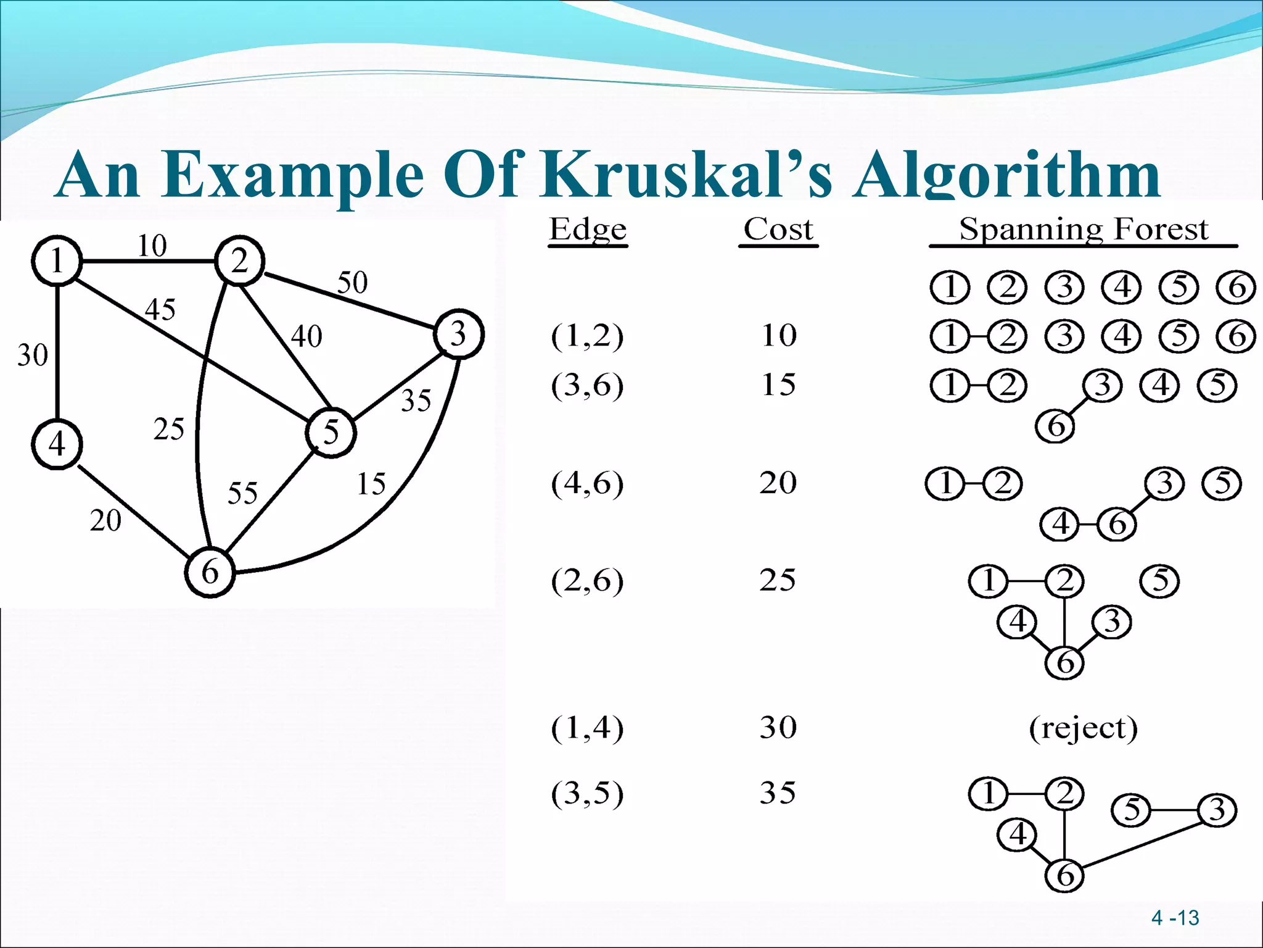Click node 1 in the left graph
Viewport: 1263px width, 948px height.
pyautogui.click(x=57, y=260)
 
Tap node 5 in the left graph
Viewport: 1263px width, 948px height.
pyautogui.click(x=331, y=432)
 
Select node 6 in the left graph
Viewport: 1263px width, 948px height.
pyautogui.click(x=210, y=572)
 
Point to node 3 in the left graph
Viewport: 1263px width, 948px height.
pyautogui.click(x=459, y=334)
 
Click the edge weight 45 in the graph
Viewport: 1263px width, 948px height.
pyautogui.click(x=160, y=309)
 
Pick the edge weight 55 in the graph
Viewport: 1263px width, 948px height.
pyautogui.click(x=242, y=493)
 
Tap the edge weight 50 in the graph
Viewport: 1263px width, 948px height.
pyautogui.click(x=352, y=283)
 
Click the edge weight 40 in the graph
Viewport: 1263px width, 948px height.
pyautogui.click(x=306, y=337)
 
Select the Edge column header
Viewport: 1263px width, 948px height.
pyautogui.click(x=588, y=230)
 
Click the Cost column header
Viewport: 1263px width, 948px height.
pyautogui.click(x=778, y=230)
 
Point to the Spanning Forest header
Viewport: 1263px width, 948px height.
pyautogui.click(x=1084, y=230)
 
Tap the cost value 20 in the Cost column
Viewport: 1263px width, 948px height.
pyautogui.click(x=778, y=483)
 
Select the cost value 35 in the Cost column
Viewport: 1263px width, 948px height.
pyautogui.click(x=778, y=792)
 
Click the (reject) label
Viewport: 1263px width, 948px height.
pyautogui.click(x=1083, y=728)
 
